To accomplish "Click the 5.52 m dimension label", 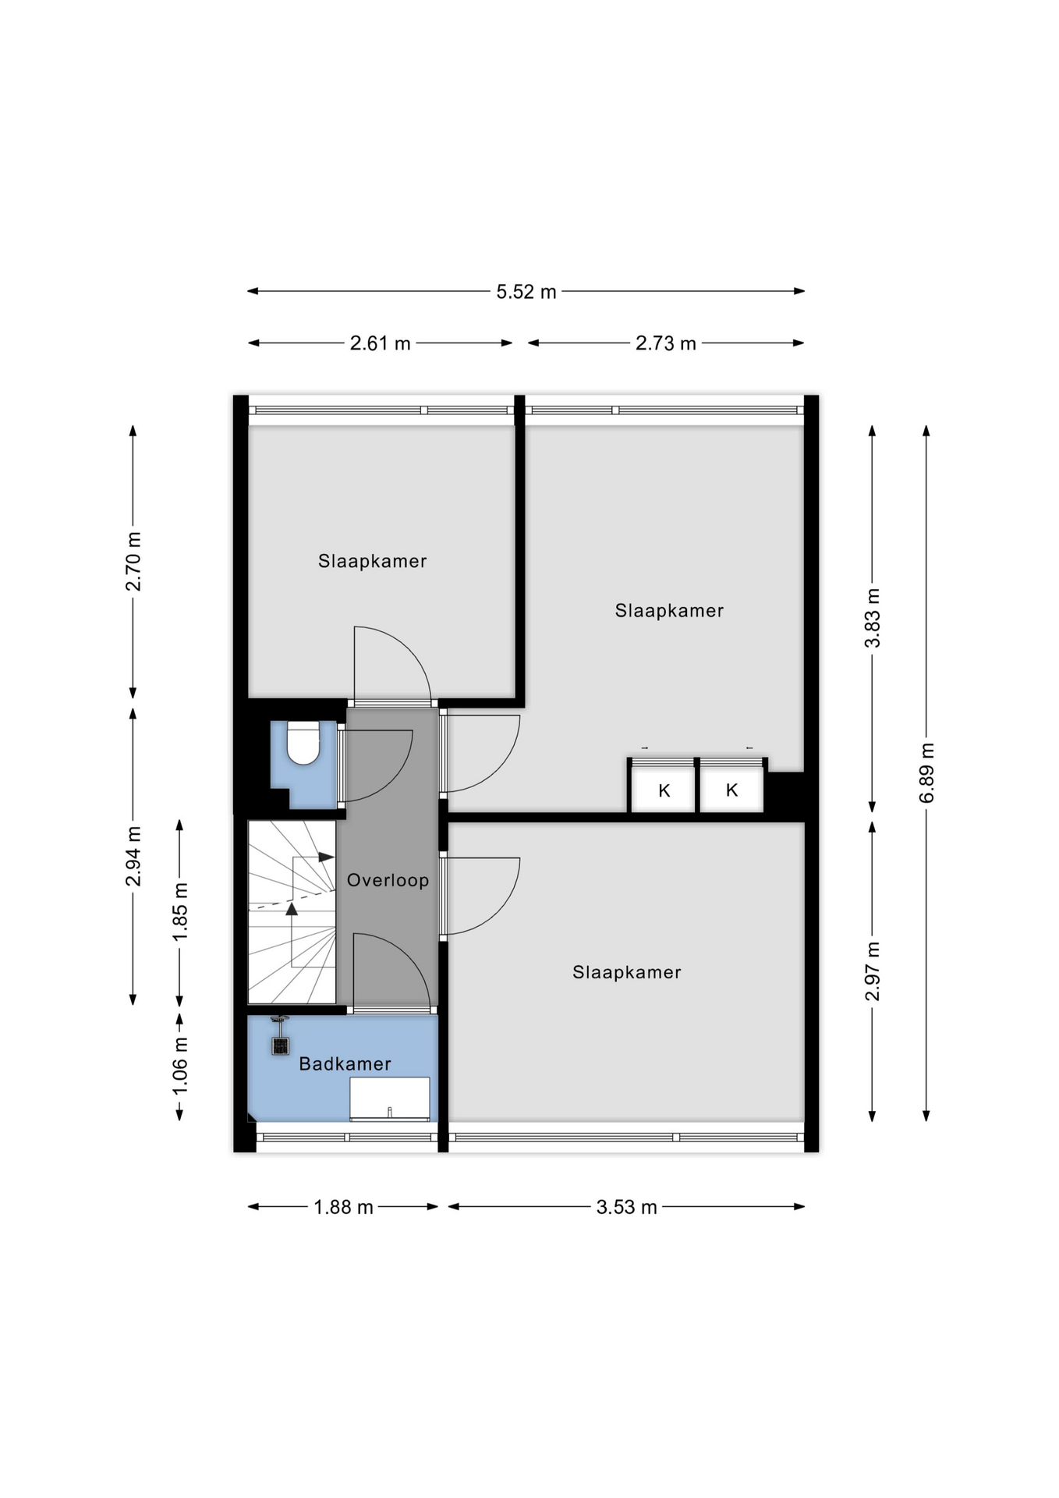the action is pos(526,292).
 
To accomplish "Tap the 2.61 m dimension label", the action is pos(380,343).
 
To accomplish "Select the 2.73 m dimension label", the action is pos(665,343).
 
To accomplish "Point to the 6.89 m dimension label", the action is pos(926,772).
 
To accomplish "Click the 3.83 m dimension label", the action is pos(873,618).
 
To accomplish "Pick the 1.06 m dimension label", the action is pos(180,1065).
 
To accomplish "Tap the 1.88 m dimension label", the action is pos(343,1208).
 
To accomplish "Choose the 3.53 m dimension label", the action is pos(626,1208).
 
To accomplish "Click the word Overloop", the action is pos(388,880).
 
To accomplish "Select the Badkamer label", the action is pos(345,1063).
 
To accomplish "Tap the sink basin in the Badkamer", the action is pos(389,1099).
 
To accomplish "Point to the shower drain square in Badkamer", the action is pos(280,1045).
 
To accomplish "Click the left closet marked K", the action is pos(663,789).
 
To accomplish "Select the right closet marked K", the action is pos(731,789).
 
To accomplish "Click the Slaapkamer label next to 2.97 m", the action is pos(627,972).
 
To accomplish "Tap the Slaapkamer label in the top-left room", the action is pos(372,561).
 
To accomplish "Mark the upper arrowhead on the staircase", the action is pos(327,857).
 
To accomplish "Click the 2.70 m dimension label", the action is pos(133,561).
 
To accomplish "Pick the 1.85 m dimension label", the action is pos(180,911).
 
